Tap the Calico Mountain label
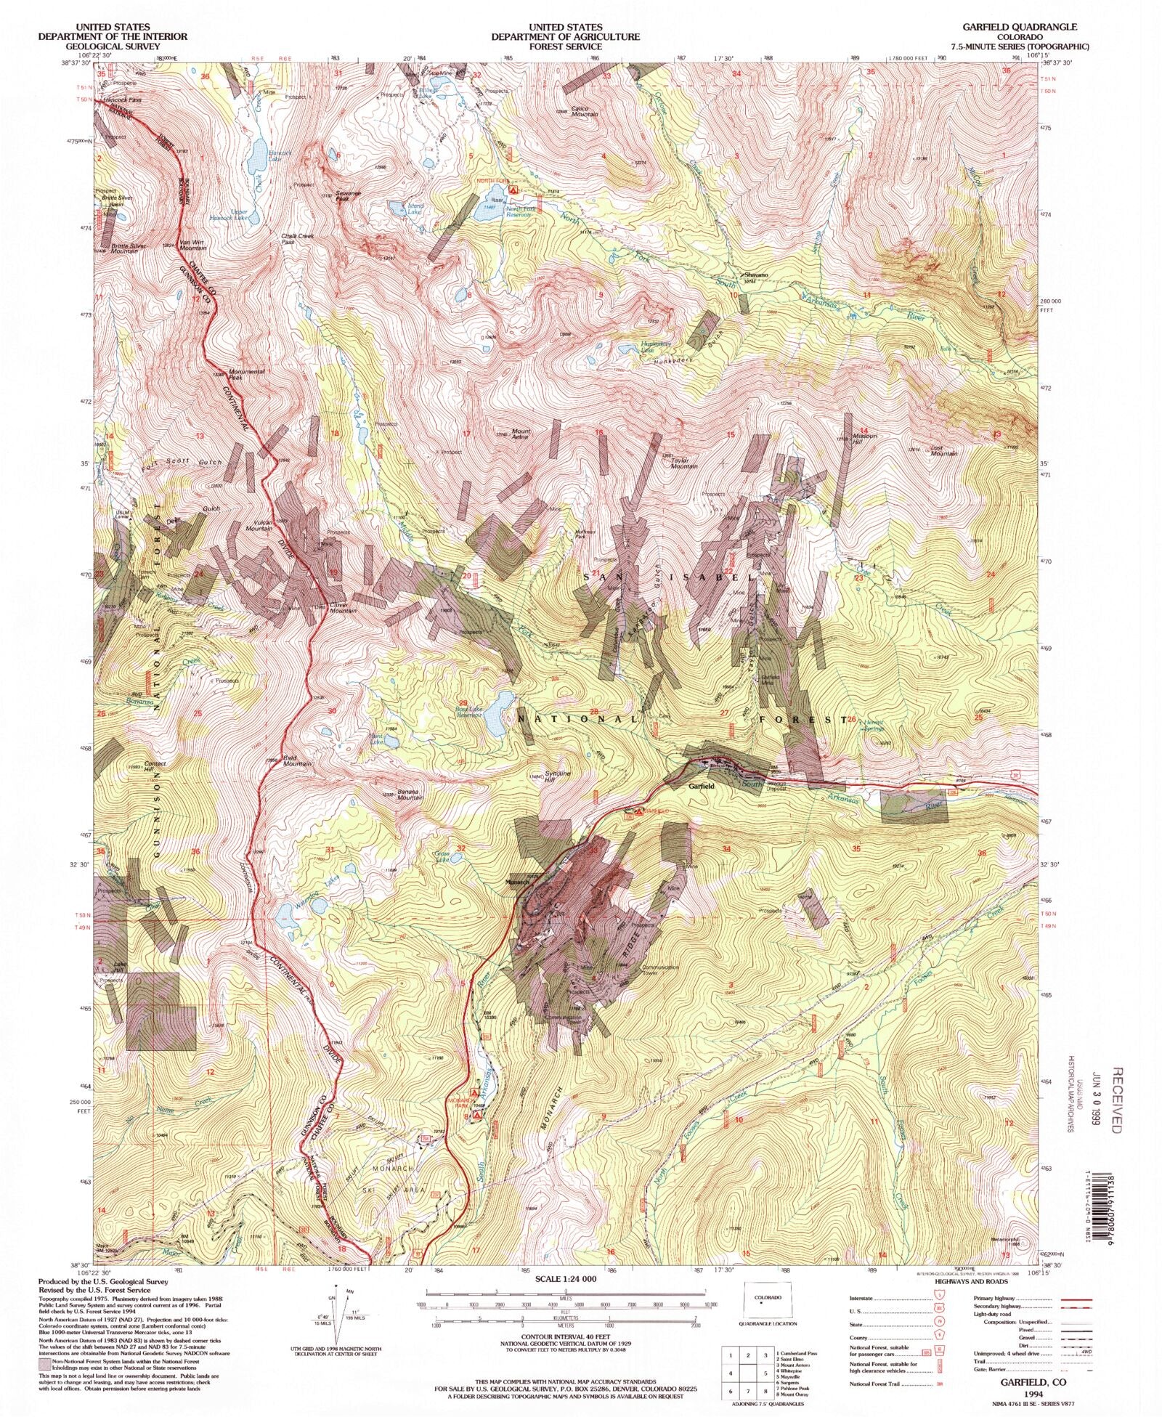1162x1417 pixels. pyautogui.click(x=584, y=111)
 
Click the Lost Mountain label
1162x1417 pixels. pyautogui.click(x=943, y=451)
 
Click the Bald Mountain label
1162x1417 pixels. pyautogui.click(x=298, y=761)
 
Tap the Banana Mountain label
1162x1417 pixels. pyautogui.click(x=410, y=795)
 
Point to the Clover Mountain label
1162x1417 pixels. pyautogui.click(x=340, y=608)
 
